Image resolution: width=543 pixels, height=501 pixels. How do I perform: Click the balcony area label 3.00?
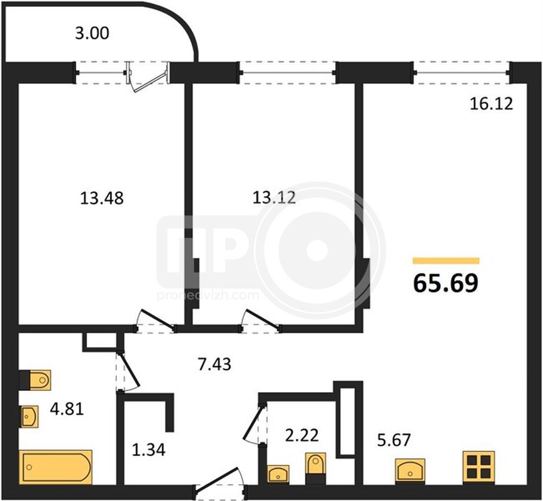(x=92, y=33)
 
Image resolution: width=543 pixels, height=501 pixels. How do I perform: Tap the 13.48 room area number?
(x=102, y=199)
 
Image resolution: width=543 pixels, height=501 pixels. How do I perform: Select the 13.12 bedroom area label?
(x=274, y=198)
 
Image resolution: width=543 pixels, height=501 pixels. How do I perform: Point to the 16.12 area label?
(x=491, y=104)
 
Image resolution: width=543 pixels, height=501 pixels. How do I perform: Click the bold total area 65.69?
(x=445, y=283)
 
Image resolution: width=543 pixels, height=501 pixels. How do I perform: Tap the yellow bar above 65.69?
(x=446, y=261)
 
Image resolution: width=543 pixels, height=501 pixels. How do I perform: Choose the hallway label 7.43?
(x=215, y=364)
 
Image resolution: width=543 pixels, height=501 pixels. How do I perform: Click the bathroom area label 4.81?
(x=67, y=409)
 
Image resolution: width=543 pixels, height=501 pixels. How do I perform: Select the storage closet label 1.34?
(x=149, y=450)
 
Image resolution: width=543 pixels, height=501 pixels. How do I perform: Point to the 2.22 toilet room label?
(x=302, y=436)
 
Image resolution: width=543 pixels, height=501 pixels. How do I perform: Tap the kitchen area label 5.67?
(x=394, y=440)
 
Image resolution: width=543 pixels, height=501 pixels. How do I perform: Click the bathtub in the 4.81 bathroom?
(x=56, y=467)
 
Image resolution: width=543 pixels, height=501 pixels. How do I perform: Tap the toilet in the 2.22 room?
(x=315, y=468)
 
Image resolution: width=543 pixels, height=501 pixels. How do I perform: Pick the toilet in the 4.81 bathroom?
(x=35, y=380)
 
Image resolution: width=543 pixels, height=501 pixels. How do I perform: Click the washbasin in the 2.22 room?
(x=278, y=474)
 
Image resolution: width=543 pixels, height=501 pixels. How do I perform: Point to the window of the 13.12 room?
(x=287, y=73)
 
